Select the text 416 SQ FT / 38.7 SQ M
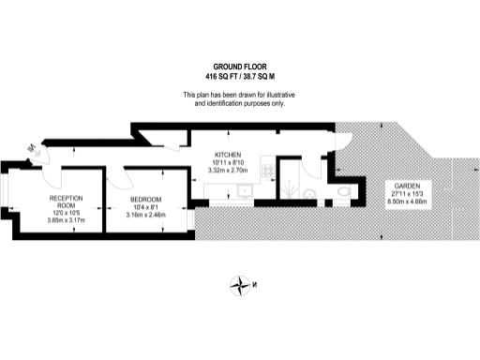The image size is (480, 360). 239,74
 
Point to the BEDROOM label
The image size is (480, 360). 145,200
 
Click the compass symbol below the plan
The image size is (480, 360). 242,286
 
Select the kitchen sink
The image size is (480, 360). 246,190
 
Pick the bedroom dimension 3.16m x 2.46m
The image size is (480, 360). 145,215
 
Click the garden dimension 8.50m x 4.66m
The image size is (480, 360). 406,200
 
